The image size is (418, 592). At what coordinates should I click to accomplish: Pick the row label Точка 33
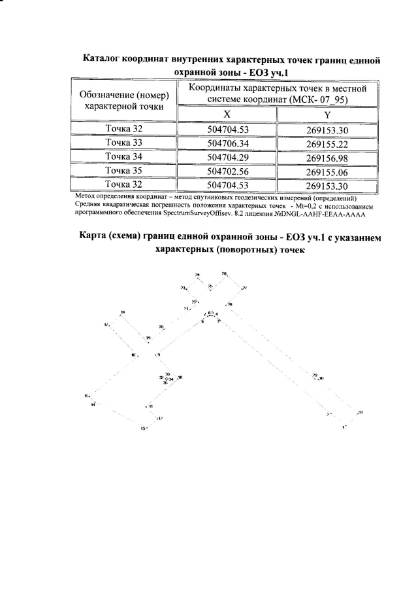124,143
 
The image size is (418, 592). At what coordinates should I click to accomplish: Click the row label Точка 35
124,171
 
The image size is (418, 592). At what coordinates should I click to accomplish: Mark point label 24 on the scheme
198,274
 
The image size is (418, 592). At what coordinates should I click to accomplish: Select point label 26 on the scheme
224,273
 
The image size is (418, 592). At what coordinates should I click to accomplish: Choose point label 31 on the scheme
360,412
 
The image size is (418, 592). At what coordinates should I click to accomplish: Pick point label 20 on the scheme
161,326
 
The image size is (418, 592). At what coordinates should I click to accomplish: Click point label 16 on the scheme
133,355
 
